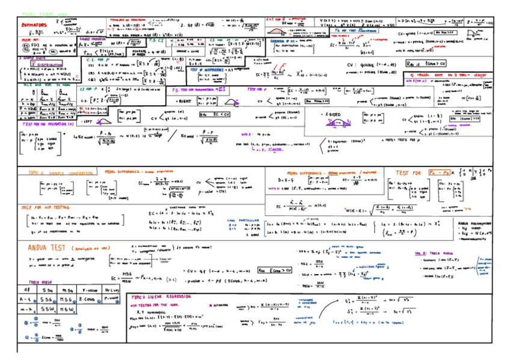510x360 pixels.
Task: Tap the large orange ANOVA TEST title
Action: point(48,248)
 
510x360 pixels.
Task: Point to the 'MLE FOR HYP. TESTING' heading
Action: point(45,207)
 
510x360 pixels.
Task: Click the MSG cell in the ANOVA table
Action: point(67,299)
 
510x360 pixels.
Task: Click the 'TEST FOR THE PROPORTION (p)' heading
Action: point(47,123)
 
